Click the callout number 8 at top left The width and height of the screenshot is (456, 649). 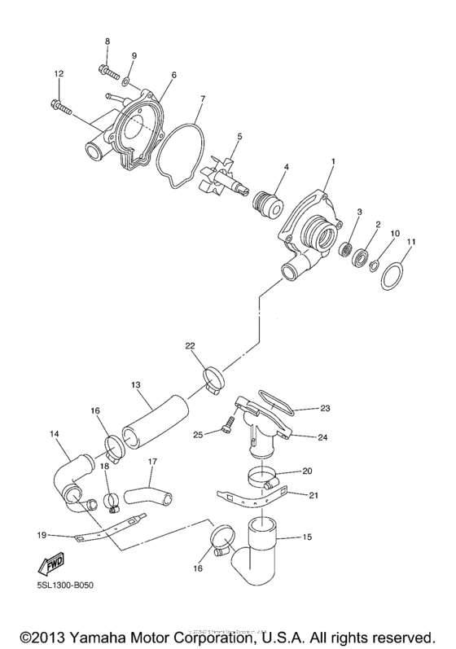[x=106, y=41]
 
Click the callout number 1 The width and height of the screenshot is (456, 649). [x=333, y=162]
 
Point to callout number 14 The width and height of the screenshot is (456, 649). [x=54, y=435]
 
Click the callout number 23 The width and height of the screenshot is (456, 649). [x=324, y=409]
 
